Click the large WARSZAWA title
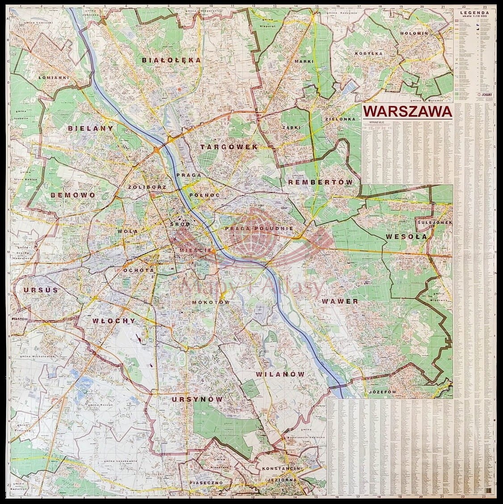[x=407, y=112]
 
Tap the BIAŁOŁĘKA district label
[x=171, y=60]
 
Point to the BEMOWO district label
[x=73, y=195]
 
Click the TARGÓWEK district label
[x=229, y=147]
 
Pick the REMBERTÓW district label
[x=320, y=182]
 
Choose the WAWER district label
[x=340, y=302]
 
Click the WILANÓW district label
[x=281, y=374]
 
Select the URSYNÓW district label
[x=197, y=399]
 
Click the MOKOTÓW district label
[x=210, y=302]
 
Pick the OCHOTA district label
[x=138, y=270]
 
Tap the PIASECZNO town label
[x=205, y=483]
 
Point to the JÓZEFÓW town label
[x=382, y=392]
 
